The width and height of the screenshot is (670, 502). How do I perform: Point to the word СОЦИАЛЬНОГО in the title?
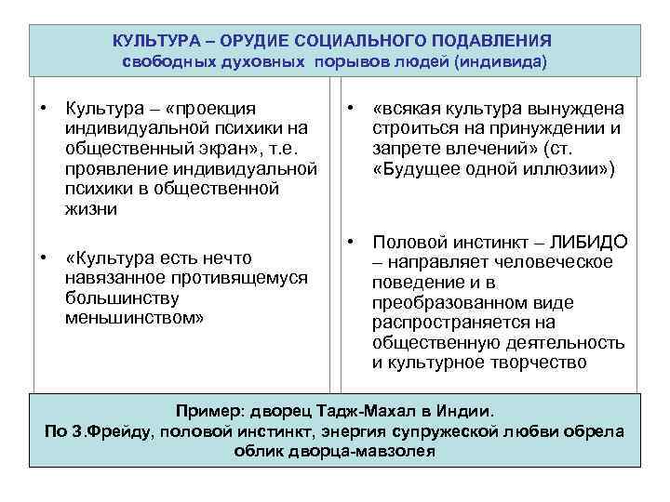click(x=357, y=41)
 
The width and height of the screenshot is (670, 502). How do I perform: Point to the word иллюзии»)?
click(x=562, y=169)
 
